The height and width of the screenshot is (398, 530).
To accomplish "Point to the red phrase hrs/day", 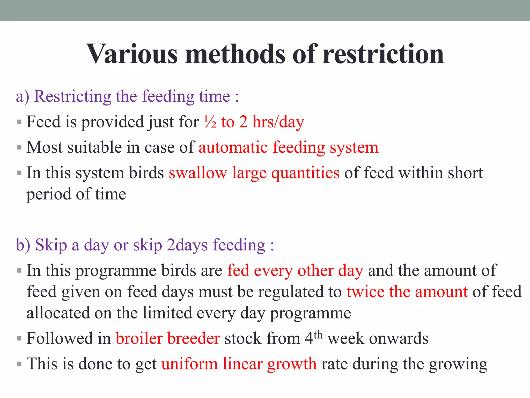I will (x=278, y=122).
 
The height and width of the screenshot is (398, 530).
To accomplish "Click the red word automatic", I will (x=233, y=147).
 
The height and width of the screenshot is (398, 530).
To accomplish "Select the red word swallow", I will (x=198, y=173).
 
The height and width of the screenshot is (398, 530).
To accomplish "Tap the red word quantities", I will (x=305, y=173).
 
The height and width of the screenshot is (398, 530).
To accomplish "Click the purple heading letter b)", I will (x=23, y=245).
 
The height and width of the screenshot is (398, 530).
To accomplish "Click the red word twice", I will (x=365, y=292).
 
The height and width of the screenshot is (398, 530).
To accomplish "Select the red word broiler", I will (x=139, y=338).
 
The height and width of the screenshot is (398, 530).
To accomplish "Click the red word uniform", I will (x=189, y=364).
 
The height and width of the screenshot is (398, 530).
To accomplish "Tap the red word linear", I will (x=243, y=364).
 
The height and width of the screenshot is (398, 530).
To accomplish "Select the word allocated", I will (x=58, y=313).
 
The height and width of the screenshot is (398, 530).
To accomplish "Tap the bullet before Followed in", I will (x=19, y=338).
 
